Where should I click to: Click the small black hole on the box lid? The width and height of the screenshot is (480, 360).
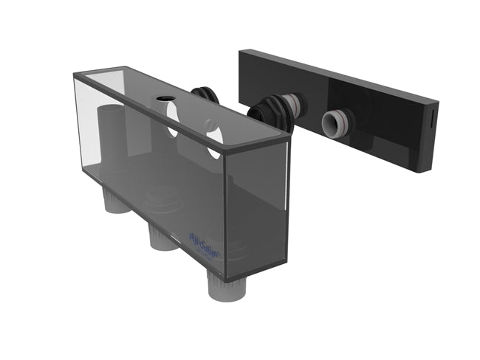[162, 99]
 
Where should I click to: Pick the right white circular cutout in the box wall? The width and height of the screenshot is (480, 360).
[214, 138]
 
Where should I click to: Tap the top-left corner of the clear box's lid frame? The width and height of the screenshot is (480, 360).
[75, 75]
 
